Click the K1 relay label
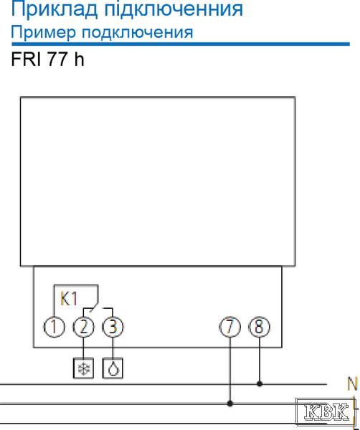[69, 299]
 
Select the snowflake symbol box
[83, 368]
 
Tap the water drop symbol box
[113, 368]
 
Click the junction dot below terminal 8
[260, 384]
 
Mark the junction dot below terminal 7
[230, 403]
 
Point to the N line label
[352, 383]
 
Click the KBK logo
[326, 411]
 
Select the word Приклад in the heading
[55, 9]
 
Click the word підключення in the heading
[174, 9]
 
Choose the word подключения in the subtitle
[138, 33]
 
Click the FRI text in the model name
[26, 59]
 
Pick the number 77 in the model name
[57, 59]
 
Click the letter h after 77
[79, 59]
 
